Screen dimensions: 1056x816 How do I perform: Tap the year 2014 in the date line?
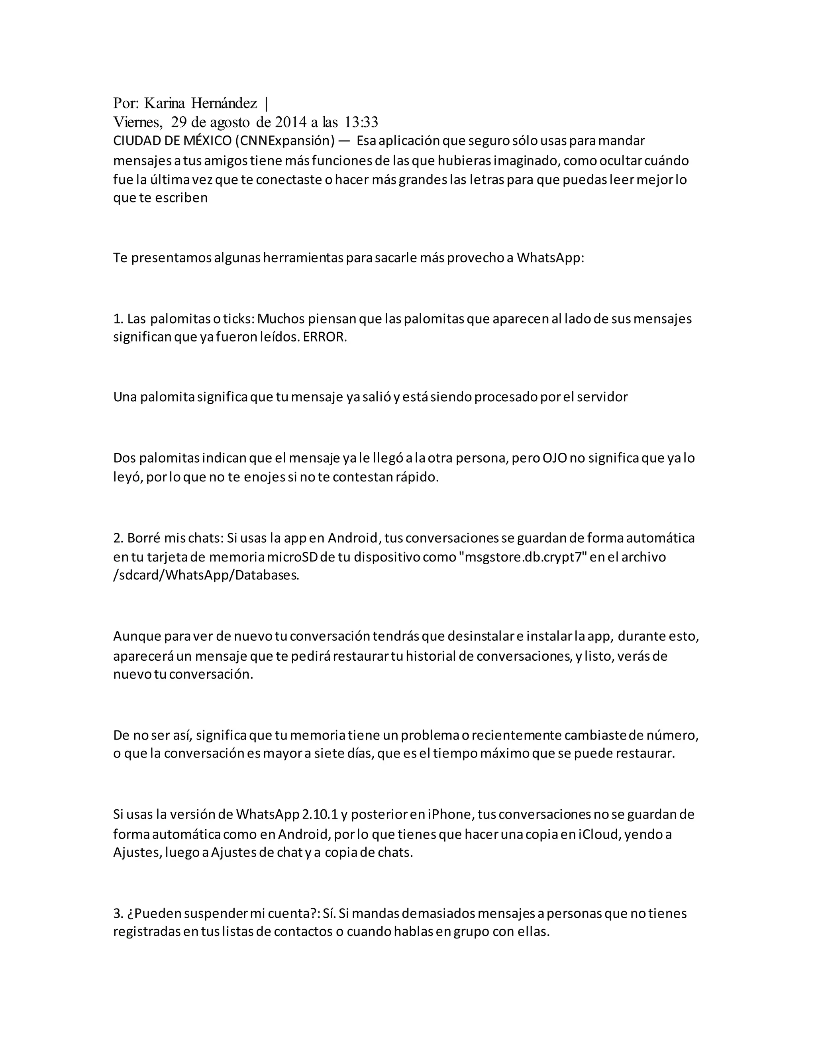(290, 122)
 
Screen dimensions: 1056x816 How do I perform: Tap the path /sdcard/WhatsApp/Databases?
(206, 575)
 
